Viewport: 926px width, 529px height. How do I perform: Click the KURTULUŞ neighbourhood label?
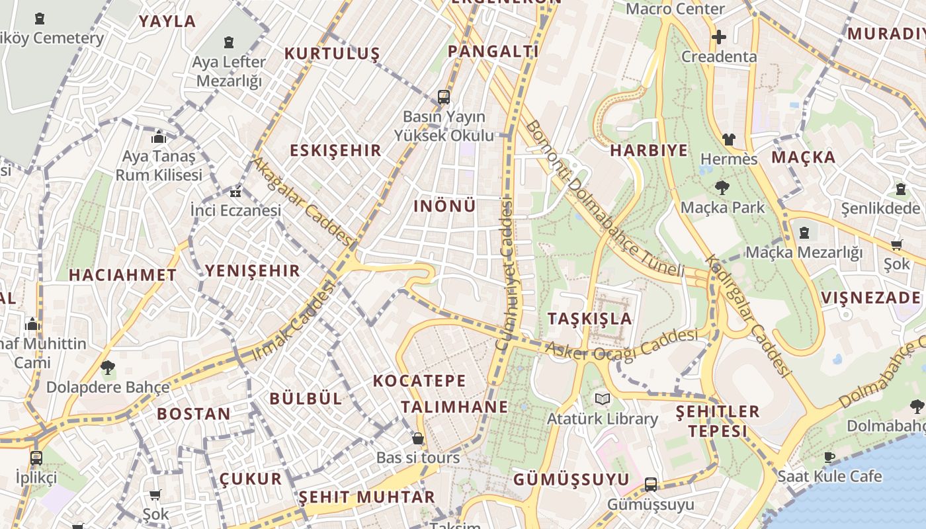(332, 54)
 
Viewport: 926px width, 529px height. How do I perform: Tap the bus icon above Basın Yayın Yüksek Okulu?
(444, 98)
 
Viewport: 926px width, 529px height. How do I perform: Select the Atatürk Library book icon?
(602, 399)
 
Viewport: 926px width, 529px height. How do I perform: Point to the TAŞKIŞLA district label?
(590, 319)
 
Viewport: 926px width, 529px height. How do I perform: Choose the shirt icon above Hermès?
(728, 140)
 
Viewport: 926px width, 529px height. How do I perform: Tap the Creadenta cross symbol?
(719, 37)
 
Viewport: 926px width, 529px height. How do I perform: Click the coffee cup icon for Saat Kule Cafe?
(829, 457)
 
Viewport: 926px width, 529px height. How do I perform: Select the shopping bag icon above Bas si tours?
(418, 438)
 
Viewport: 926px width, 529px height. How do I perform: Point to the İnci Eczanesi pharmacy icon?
(235, 193)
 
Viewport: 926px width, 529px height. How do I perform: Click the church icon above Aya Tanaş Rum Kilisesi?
(159, 138)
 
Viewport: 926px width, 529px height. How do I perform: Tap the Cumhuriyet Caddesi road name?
(506, 274)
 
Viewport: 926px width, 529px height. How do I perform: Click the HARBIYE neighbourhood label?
(649, 150)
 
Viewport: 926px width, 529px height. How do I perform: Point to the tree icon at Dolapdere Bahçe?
(107, 368)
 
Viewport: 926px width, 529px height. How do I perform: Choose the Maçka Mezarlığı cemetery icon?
(804, 233)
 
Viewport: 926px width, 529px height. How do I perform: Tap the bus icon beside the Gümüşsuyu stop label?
(651, 485)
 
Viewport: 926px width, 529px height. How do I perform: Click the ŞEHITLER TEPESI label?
(718, 421)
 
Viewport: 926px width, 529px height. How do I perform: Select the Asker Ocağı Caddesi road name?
(621, 345)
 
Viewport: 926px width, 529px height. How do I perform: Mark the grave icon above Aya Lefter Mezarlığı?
(229, 42)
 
